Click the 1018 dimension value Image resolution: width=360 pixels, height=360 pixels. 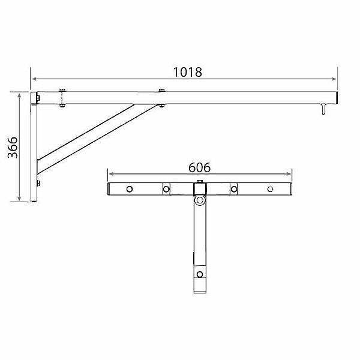(188, 72)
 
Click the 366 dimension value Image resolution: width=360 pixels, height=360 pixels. (13, 148)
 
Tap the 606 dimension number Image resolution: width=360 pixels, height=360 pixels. (199, 167)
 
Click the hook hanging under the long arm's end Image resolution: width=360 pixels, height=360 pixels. (323, 109)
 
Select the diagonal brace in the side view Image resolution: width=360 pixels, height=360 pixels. (97, 139)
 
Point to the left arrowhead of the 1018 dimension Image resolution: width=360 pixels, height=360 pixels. (34, 79)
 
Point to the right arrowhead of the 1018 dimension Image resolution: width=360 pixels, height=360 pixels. (334, 79)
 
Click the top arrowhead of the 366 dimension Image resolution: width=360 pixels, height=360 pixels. (20, 96)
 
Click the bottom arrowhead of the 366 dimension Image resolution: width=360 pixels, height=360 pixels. (20, 198)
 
